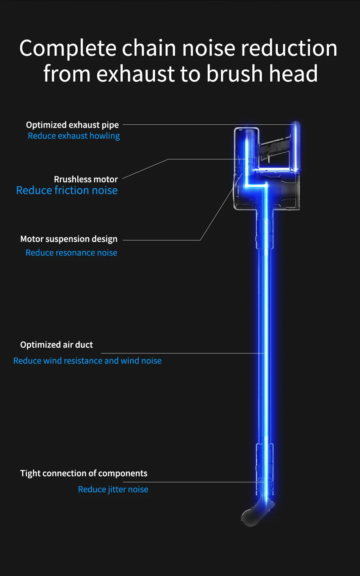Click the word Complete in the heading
pyautogui.click(x=68, y=49)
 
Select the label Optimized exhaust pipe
pyautogui.click(x=72, y=125)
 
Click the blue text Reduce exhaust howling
pyautogui.click(x=74, y=136)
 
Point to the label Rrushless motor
pyautogui.click(x=86, y=179)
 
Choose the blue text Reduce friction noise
pyautogui.click(x=67, y=190)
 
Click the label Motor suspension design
pyautogui.click(x=69, y=239)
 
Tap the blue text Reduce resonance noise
pyautogui.click(x=72, y=253)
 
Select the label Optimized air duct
pyautogui.click(x=56, y=345)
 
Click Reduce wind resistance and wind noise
pyautogui.click(x=88, y=361)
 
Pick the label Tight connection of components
pyautogui.click(x=84, y=473)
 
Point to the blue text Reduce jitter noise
pyautogui.click(x=113, y=489)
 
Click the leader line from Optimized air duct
pyautogui.click(x=182, y=353)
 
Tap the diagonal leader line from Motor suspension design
pyautogui.click(x=220, y=209)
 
